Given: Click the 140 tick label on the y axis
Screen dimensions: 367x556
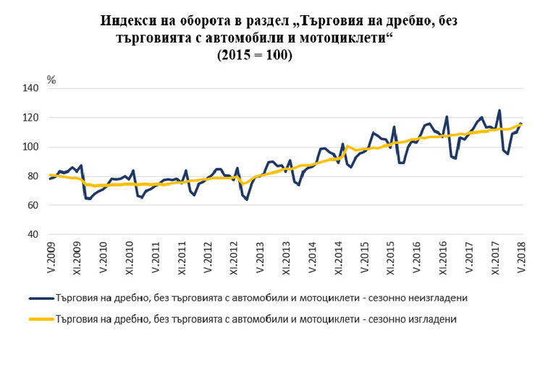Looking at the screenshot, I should point(33,88).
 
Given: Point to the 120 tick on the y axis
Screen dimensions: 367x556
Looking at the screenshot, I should point(33,118).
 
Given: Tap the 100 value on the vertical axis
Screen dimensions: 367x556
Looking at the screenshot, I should point(33,147).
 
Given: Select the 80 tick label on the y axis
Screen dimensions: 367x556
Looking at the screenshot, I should point(35,176).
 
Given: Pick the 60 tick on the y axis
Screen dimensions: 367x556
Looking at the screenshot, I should point(35,206).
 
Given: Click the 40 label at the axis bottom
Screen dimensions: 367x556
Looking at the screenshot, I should point(35,235).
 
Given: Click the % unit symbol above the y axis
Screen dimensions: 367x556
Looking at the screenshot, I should point(51,79).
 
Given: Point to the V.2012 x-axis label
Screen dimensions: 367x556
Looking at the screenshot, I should point(208,257).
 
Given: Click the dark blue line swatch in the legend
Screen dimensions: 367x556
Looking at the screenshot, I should point(41,297).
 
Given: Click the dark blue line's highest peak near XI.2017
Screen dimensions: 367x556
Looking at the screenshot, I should point(499,111).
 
